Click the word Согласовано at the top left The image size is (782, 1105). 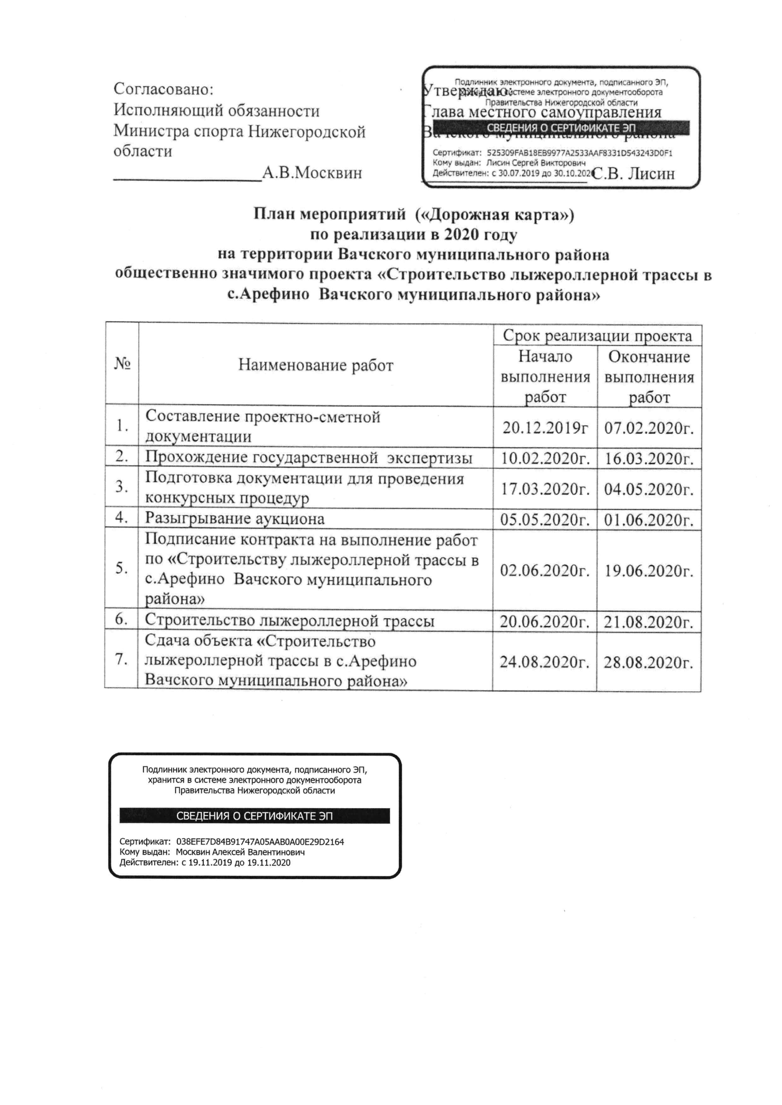(x=163, y=89)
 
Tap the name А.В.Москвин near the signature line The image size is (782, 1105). (x=312, y=173)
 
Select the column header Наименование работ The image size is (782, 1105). (x=316, y=365)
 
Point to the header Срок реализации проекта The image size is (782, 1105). (x=597, y=336)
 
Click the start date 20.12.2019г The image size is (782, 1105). (x=545, y=427)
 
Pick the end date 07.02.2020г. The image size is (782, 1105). (x=649, y=428)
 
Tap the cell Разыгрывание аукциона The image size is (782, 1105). (x=235, y=518)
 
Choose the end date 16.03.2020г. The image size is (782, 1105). (x=649, y=458)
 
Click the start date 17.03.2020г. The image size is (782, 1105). (x=545, y=489)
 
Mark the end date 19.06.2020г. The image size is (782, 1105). (x=649, y=571)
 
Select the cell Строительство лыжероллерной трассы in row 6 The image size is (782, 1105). (x=289, y=621)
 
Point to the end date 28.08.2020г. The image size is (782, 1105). (x=649, y=663)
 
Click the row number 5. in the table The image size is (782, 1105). (x=122, y=569)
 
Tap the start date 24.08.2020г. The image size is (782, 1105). (x=545, y=662)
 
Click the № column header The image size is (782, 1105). (x=122, y=363)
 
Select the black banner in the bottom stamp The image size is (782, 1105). (x=254, y=816)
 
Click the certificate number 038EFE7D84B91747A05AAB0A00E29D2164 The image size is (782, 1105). (x=260, y=842)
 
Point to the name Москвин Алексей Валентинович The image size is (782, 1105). (x=240, y=852)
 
